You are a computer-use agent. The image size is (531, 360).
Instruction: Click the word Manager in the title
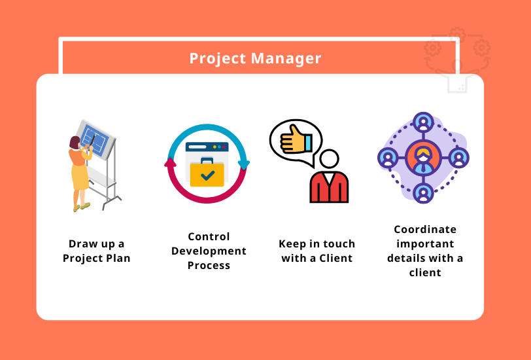pyautogui.click(x=286, y=58)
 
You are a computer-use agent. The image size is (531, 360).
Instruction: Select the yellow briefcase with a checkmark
pyautogui.click(x=207, y=172)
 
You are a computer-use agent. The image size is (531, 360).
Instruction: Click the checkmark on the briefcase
pyautogui.click(x=207, y=175)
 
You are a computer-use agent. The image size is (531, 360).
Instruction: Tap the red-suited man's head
pyautogui.click(x=329, y=160)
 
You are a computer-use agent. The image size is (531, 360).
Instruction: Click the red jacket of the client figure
pyautogui.click(x=329, y=188)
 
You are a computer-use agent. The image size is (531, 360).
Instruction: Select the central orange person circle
pyautogui.click(x=423, y=158)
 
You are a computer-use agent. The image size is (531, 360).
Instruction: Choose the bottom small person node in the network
pyautogui.click(x=423, y=194)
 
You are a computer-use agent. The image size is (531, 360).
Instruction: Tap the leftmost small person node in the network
pyautogui.click(x=388, y=158)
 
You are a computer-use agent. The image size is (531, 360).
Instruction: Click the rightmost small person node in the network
pyautogui.click(x=459, y=158)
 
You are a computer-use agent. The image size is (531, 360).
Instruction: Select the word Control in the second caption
pyautogui.click(x=209, y=236)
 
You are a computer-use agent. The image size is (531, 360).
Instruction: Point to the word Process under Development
pyautogui.click(x=209, y=265)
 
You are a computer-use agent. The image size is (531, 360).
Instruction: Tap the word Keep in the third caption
pyautogui.click(x=292, y=243)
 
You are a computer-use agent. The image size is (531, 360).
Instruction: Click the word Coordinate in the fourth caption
pyautogui.click(x=425, y=229)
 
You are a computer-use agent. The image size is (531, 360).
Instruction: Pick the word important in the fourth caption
pyautogui.click(x=425, y=243)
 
